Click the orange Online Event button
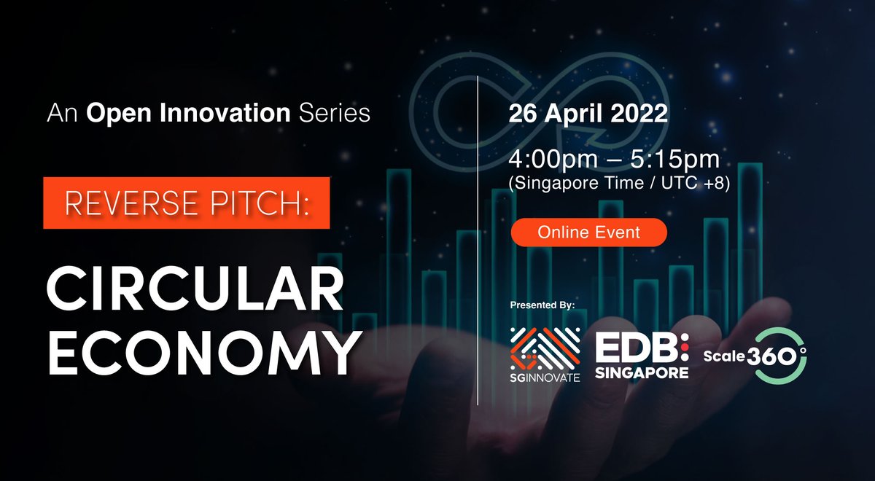click(588, 232)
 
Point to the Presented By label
click(543, 305)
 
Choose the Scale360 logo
click(755, 356)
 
